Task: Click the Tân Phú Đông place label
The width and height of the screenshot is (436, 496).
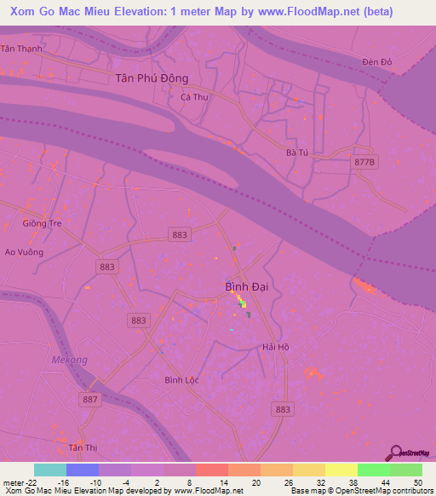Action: [151, 78]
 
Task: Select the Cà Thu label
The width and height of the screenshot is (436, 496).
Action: [194, 97]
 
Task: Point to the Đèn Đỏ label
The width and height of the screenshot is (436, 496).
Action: [376, 62]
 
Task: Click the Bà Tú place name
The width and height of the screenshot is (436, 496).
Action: [296, 153]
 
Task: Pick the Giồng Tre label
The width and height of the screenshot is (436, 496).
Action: [42, 224]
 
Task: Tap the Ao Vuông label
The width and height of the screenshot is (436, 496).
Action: [24, 252]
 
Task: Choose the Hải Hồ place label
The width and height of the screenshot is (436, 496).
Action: [276, 347]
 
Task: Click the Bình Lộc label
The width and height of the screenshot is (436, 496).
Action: [181, 379]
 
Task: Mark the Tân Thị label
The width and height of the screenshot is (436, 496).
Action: [83, 447]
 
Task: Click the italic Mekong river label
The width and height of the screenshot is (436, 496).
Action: [69, 360]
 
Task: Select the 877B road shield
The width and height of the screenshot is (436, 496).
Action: [364, 161]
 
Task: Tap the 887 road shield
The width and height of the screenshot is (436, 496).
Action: [91, 399]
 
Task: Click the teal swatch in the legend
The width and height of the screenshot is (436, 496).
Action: [50, 470]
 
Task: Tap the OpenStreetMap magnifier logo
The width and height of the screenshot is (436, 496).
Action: [395, 453]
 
